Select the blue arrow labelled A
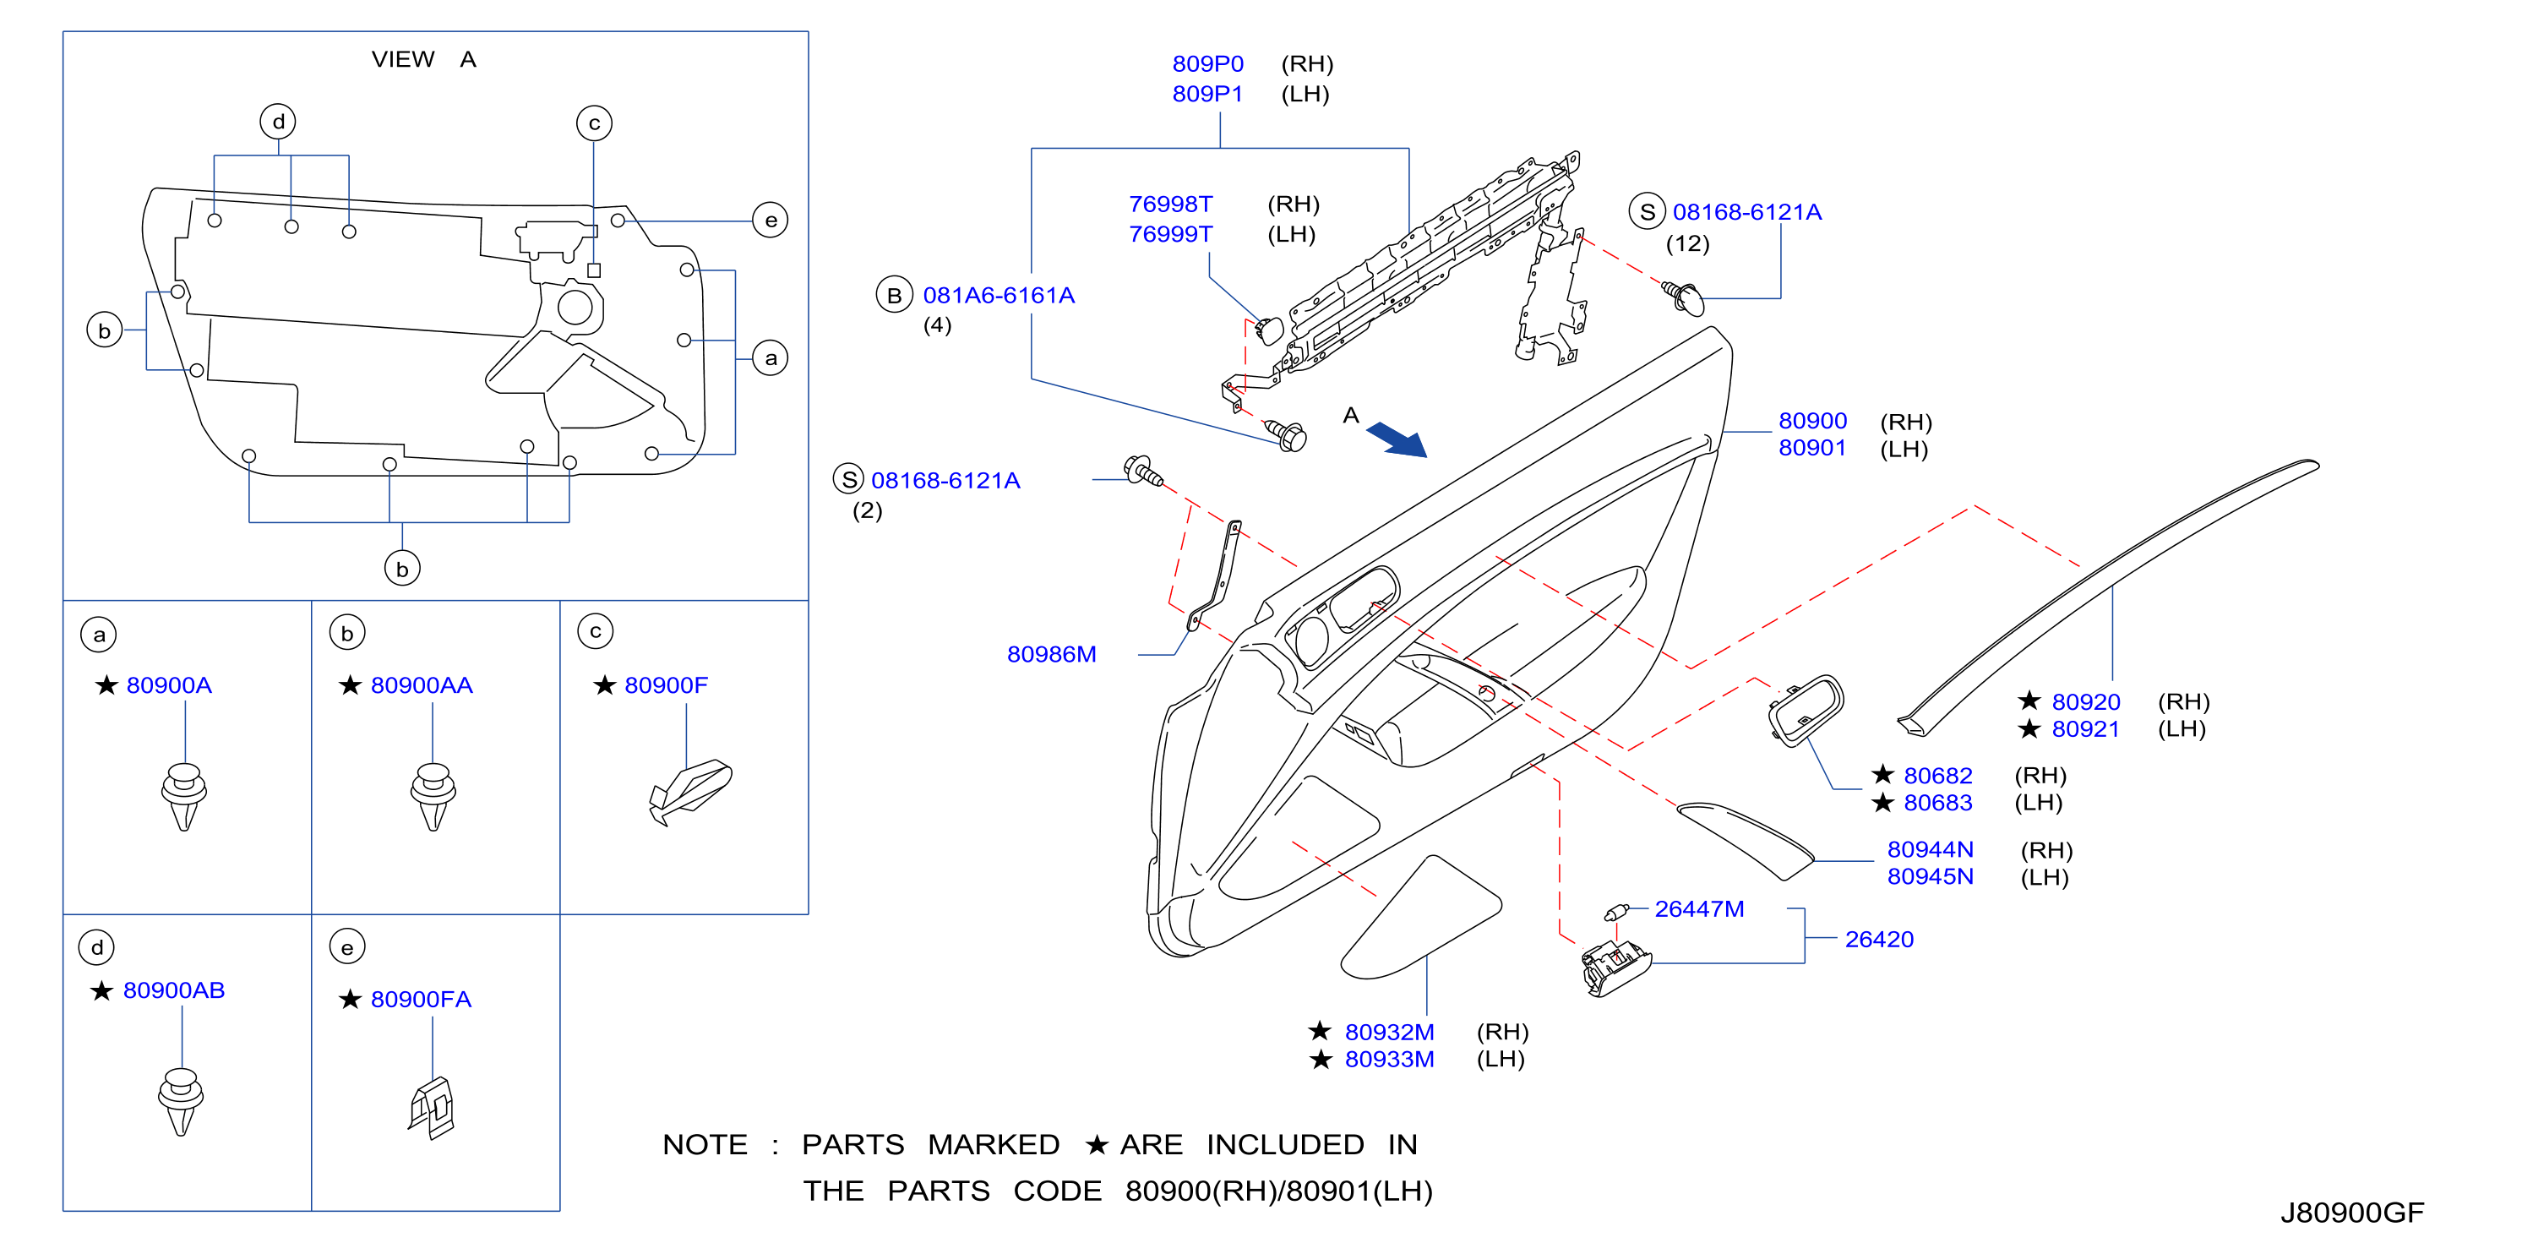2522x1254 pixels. pyautogui.click(x=1397, y=439)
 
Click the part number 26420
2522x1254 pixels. pyautogui.click(x=1879, y=939)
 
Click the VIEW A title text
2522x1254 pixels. pyautogui.click(x=424, y=60)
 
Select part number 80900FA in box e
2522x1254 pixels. pyautogui.click(x=421, y=999)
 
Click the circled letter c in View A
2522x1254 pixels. pyautogui.click(x=594, y=123)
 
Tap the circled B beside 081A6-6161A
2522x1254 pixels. pyautogui.click(x=894, y=295)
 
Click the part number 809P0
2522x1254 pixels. pyautogui.click(x=1207, y=63)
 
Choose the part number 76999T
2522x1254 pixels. pyautogui.click(x=1170, y=234)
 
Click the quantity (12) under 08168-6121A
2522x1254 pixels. pyautogui.click(x=1688, y=243)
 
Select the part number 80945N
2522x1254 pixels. pyautogui.click(x=1930, y=876)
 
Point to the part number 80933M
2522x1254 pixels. pyautogui.click(x=1389, y=1058)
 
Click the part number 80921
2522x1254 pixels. pyautogui.click(x=2085, y=728)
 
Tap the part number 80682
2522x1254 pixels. pyautogui.click(x=1937, y=776)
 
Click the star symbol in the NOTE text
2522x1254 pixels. pyautogui.click(x=1097, y=1144)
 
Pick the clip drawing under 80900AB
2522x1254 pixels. pyautogui.click(x=180, y=1101)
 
